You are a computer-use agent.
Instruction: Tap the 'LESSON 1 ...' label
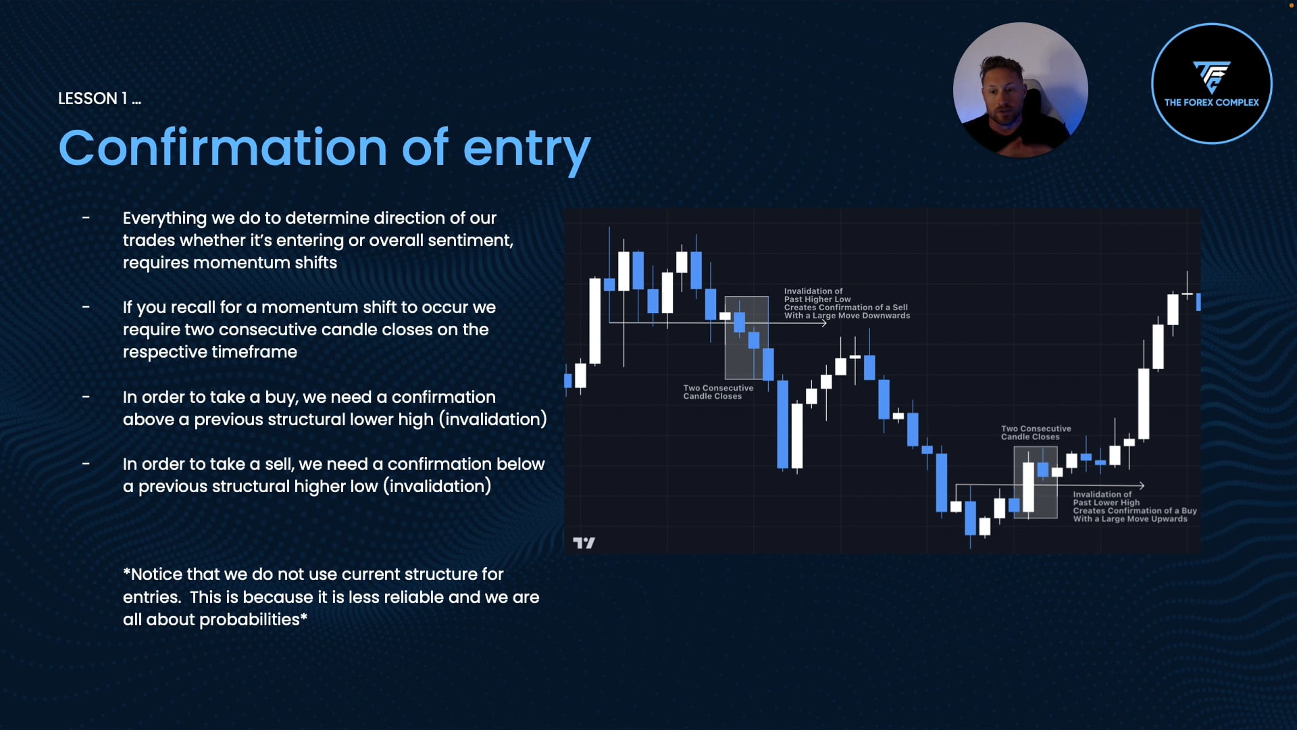tap(99, 99)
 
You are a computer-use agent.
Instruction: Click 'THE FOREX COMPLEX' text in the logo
tap(1211, 103)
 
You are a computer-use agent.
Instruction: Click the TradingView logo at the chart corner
tap(584, 543)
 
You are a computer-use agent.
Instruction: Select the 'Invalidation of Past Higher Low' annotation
tap(846, 303)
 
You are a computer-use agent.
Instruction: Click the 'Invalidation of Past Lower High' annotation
tap(1134, 506)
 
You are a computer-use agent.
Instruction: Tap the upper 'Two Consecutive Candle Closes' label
tap(717, 392)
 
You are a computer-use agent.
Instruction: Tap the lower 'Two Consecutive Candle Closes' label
tap(1036, 433)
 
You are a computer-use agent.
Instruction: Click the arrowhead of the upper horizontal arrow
tap(824, 323)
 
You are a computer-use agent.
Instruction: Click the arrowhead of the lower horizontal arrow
tap(1141, 485)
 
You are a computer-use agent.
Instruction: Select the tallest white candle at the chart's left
tap(595, 321)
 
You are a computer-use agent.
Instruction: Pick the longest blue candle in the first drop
tap(782, 424)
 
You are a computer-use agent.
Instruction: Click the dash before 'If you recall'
tap(86, 308)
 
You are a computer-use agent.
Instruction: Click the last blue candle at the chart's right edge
tap(1198, 301)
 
